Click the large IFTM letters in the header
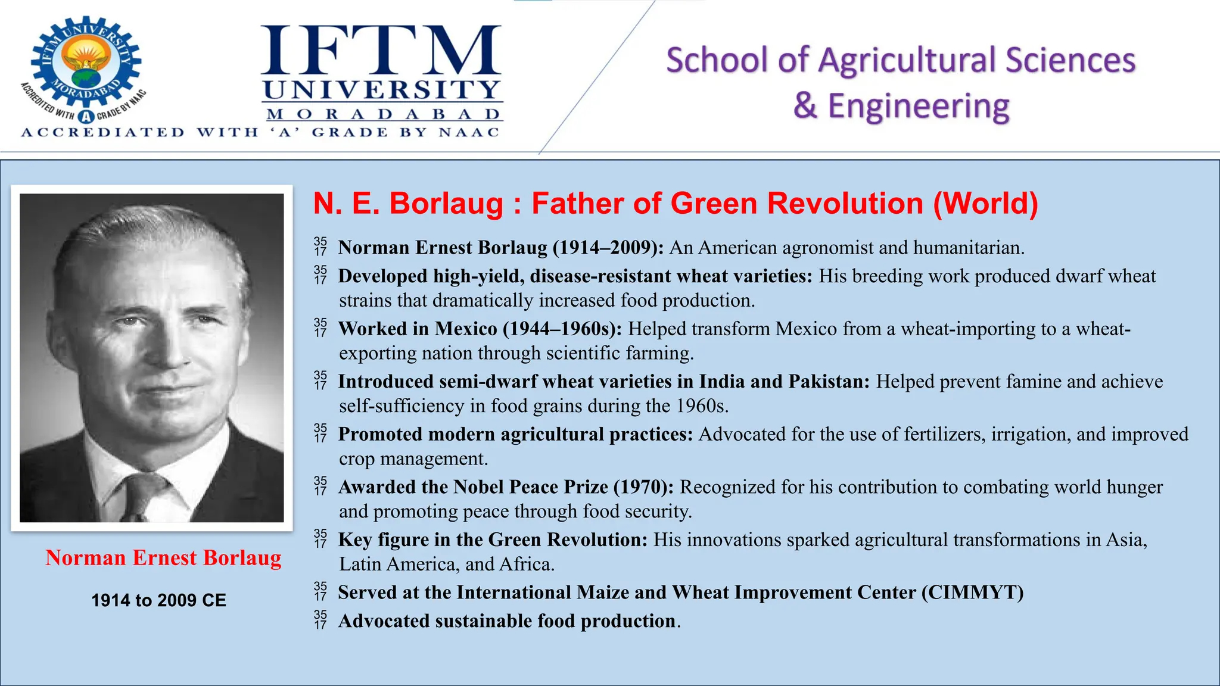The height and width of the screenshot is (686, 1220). (381, 52)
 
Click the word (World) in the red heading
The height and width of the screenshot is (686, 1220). (985, 204)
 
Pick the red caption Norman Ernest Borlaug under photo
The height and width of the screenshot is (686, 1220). (163, 558)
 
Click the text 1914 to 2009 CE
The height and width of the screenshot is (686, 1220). (158, 600)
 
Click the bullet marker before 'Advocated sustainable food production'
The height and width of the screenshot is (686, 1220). (320, 620)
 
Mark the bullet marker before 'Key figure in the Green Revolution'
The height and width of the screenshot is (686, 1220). (320, 540)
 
